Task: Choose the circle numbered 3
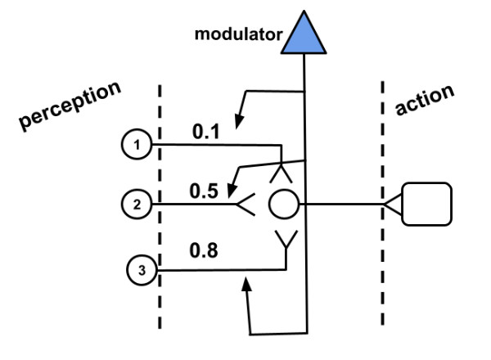point(141,271)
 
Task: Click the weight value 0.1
point(207,129)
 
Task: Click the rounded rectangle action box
point(426,205)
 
